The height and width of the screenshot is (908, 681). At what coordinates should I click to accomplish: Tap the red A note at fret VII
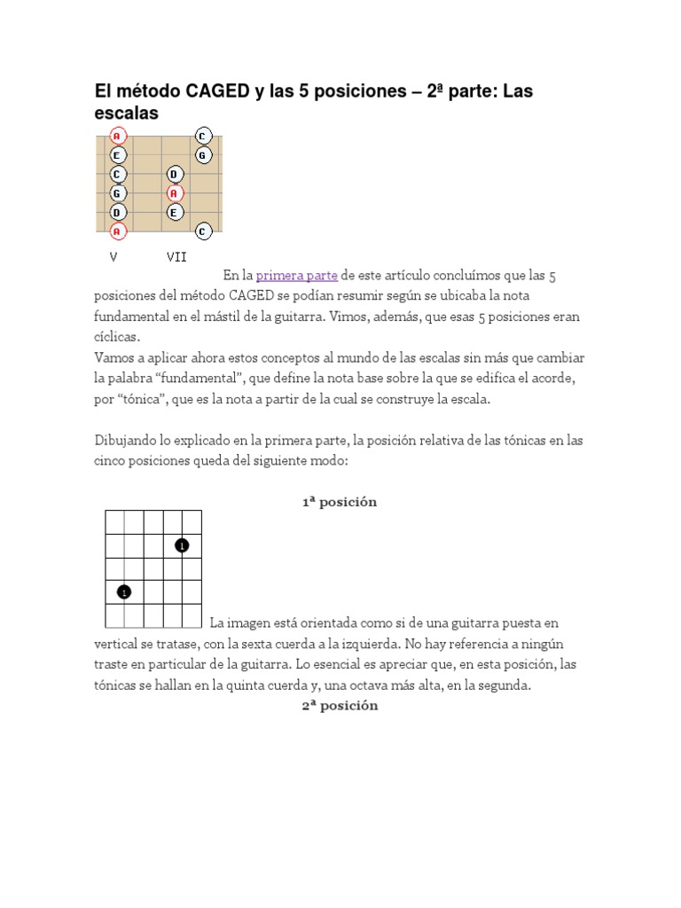(x=175, y=193)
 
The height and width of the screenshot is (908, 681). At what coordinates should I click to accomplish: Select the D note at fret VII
(x=175, y=175)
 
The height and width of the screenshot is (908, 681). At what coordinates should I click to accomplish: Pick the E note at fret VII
(x=175, y=213)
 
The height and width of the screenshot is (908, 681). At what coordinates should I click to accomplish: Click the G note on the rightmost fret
(x=203, y=155)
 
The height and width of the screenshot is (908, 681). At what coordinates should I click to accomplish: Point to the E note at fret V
(x=116, y=155)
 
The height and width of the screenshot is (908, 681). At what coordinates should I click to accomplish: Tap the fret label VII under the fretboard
(x=176, y=257)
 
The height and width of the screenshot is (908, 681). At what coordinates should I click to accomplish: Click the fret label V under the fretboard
(x=113, y=257)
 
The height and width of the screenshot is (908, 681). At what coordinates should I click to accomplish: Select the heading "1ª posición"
(x=340, y=502)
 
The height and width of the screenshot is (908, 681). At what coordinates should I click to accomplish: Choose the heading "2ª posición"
(x=340, y=705)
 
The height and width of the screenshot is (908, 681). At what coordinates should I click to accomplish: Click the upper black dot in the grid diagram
(x=182, y=545)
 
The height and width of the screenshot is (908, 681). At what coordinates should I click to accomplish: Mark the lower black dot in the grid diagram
(x=125, y=591)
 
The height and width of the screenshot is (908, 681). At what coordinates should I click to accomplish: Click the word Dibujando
(x=125, y=440)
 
